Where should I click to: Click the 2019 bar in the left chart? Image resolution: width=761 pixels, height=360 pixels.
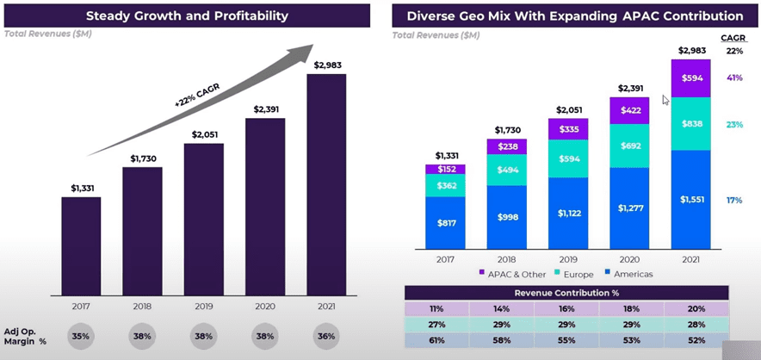pos(204,219)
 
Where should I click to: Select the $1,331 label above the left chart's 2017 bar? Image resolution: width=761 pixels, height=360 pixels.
pos(81,189)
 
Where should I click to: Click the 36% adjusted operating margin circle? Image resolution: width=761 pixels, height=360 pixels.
pos(326,336)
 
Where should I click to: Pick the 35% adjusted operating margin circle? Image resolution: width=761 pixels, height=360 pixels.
pos(81,336)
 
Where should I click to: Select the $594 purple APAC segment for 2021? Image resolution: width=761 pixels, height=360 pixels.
pos(690,78)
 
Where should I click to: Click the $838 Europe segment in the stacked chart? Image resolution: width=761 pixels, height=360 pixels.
pos(690,124)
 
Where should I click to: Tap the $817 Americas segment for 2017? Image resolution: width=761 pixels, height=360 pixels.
pos(445,223)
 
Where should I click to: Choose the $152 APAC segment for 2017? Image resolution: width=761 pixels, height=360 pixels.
pos(445,169)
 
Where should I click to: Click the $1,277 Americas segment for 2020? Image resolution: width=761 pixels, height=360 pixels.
pos(629,208)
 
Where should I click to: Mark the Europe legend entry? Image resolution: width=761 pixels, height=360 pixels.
pos(574,275)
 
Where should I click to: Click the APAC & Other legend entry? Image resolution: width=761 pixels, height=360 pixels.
pos(512,274)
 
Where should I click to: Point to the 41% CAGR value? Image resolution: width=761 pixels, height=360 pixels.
pos(734,78)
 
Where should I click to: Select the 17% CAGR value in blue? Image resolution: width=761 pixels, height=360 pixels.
pos(734,200)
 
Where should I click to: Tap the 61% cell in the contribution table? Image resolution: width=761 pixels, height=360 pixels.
pos(436,340)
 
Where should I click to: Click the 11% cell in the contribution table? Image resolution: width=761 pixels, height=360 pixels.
pos(436,308)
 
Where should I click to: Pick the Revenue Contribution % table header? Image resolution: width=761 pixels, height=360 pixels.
pos(566,293)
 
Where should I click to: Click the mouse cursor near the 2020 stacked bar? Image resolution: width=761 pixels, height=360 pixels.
pos(666,100)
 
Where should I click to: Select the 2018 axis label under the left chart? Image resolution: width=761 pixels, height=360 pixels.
pos(142,307)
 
